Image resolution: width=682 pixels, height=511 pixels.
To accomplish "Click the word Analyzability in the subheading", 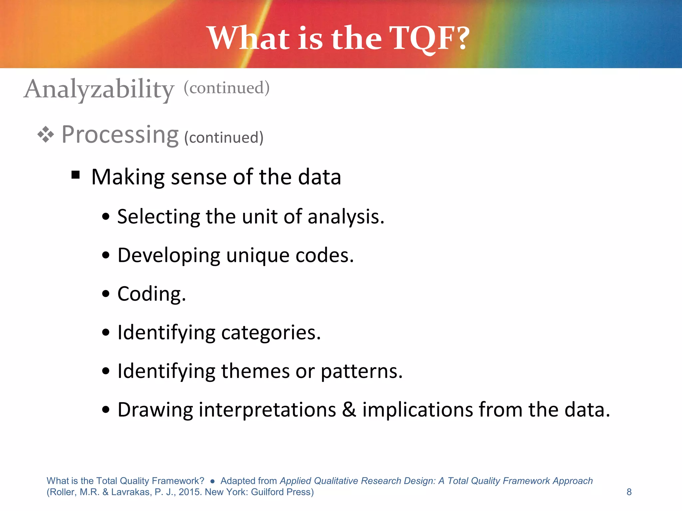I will click(99, 89).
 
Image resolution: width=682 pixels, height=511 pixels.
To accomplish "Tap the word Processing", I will click(120, 134).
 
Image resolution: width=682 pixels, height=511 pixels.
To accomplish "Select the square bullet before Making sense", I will click(76, 174).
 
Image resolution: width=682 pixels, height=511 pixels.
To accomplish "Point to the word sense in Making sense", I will click(198, 177).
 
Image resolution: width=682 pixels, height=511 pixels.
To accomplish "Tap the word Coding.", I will click(151, 294).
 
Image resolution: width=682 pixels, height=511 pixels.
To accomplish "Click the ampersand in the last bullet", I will click(349, 410).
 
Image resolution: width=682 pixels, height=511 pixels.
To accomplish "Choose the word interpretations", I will click(267, 410).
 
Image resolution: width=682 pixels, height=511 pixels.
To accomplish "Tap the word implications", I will click(418, 410).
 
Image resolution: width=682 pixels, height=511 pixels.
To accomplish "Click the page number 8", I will click(629, 492).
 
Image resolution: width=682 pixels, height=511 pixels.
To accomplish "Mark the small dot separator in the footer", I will click(212, 481).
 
